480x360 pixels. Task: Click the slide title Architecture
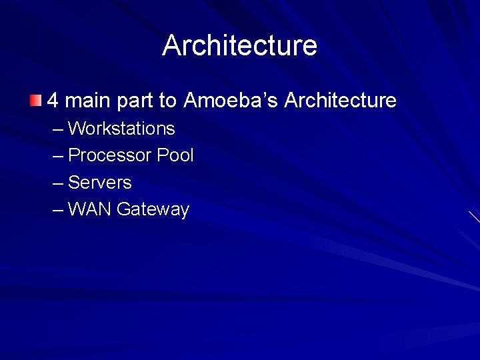tap(240, 45)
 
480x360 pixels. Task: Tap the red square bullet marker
tap(35, 101)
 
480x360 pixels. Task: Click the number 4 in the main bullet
tap(53, 101)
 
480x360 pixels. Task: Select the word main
tap(89, 101)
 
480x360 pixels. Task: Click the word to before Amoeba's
tap(167, 101)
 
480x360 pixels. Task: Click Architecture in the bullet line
tap(340, 101)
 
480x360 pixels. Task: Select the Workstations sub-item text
tap(121, 128)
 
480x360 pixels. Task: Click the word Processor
tap(110, 155)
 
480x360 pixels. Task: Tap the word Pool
tap(175, 155)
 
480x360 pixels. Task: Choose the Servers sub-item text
tap(100, 182)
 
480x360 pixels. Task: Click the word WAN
tap(90, 209)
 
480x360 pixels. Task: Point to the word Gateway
tap(153, 210)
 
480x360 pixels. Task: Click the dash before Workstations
tap(58, 129)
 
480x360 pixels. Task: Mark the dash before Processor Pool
tap(58, 156)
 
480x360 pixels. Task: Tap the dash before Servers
tap(58, 183)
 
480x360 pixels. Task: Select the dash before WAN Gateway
tap(58, 210)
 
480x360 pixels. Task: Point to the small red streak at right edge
tap(474, 217)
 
